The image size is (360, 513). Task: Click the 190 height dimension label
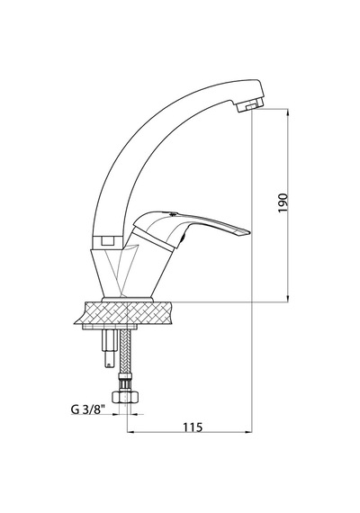(283, 202)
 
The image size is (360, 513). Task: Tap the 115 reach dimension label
(193, 427)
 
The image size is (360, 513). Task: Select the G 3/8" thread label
(87, 409)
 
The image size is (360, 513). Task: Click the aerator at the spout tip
(250, 105)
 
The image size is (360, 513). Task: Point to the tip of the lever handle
(250, 232)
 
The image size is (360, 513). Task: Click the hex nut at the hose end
(126, 397)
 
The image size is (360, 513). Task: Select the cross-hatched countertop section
(126, 312)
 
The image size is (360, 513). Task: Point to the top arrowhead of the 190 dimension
(288, 112)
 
